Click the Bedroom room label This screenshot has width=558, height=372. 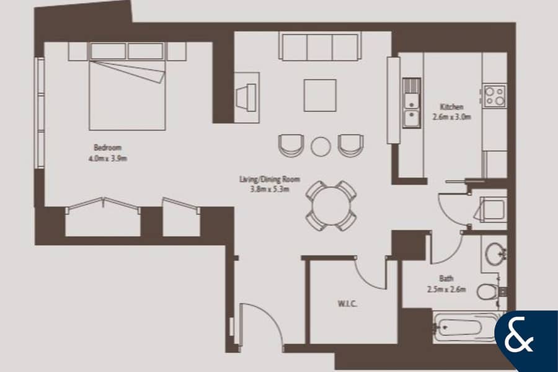[x=107, y=148]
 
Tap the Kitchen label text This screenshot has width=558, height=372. [x=451, y=107]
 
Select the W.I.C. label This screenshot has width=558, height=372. [x=347, y=304]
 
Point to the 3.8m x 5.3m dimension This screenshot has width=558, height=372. [x=270, y=189]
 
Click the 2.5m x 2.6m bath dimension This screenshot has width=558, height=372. [x=446, y=290]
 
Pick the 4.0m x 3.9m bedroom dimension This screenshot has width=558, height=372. [x=108, y=158]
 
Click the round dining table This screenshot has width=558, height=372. [x=331, y=205]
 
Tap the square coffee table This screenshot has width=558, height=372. [x=320, y=95]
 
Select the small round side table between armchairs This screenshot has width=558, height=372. [x=321, y=146]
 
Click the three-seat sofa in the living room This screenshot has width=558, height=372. [x=319, y=46]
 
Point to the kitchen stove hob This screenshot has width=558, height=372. [x=495, y=96]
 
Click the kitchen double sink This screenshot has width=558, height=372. [x=412, y=103]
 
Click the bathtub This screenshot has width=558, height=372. [x=464, y=327]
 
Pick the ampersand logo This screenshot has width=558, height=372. [x=519, y=337]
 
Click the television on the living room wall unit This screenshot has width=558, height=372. [x=246, y=97]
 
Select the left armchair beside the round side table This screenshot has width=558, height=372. [x=291, y=145]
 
